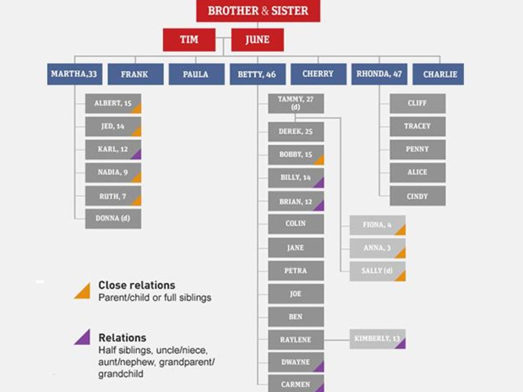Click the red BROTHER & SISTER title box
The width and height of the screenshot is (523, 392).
[x=258, y=11]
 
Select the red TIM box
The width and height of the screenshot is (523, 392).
[x=189, y=40]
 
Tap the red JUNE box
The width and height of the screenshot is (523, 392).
[x=257, y=40]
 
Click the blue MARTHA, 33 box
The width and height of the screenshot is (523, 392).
[x=75, y=74]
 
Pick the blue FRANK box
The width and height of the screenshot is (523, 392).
[x=135, y=74]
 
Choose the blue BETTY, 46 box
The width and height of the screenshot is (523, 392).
[x=257, y=74]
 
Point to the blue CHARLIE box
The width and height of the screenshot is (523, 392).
[x=438, y=74]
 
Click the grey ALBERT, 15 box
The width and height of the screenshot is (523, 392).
[x=113, y=104]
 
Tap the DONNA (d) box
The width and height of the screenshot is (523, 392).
[x=113, y=218]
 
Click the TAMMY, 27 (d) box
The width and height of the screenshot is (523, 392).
[x=296, y=103]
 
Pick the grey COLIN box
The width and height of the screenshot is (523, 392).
[x=296, y=224]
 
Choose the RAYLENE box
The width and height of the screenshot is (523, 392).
[x=296, y=339]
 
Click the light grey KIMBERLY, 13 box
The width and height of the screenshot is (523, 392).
[x=377, y=339]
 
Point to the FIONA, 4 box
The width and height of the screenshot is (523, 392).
[x=377, y=225]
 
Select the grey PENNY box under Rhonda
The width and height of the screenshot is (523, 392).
[x=418, y=150]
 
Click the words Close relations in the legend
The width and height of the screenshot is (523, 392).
[x=137, y=285]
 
